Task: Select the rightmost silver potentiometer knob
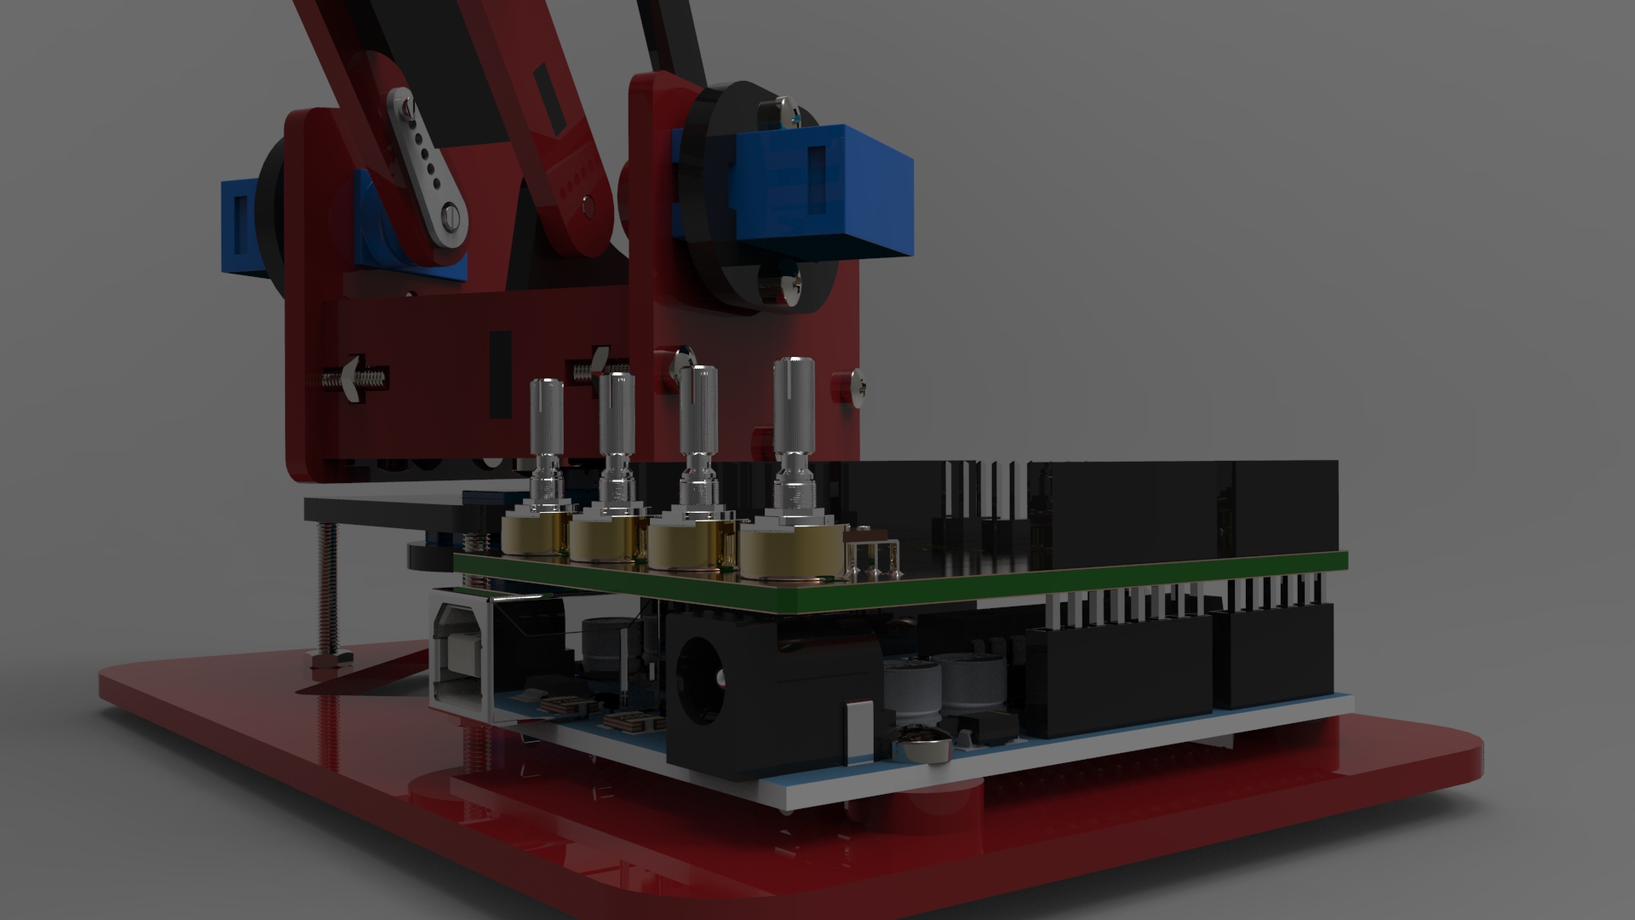coord(793,400)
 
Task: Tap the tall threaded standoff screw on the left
coord(327,588)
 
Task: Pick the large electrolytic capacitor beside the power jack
coord(911,694)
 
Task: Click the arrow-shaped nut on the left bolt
coord(352,375)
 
